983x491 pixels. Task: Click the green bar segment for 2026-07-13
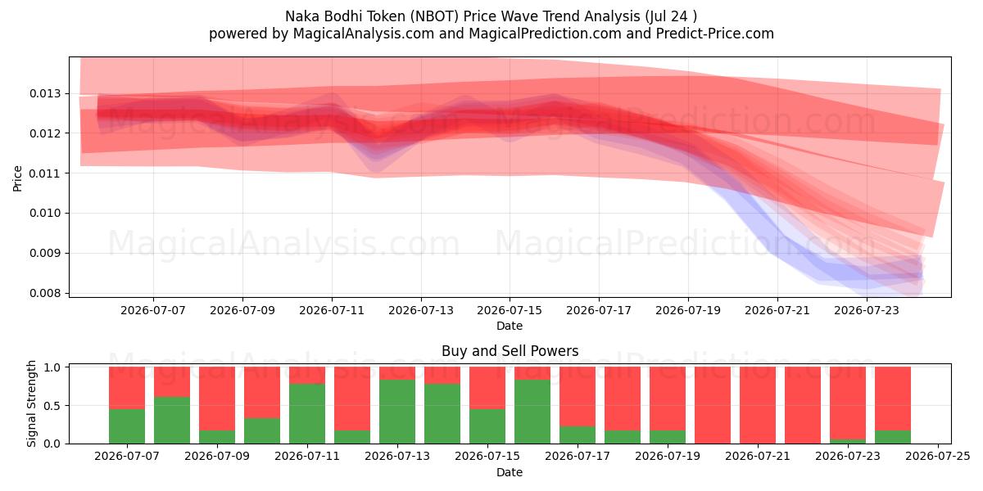point(397,412)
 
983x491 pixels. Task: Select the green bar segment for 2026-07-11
point(307,414)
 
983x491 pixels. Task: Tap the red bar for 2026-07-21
point(758,405)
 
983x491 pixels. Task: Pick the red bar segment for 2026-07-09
point(217,399)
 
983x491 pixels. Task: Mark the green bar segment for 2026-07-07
point(127,426)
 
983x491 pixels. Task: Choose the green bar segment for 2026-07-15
point(487,426)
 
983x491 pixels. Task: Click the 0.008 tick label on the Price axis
point(46,293)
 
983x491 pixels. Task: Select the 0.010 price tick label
point(46,213)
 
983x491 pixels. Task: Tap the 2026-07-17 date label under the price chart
point(599,310)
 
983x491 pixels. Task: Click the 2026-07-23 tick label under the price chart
point(867,310)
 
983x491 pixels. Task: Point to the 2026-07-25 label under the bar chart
point(938,456)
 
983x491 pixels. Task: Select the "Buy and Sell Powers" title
point(510,351)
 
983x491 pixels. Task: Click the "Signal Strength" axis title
point(31,403)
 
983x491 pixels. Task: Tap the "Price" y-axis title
point(17,178)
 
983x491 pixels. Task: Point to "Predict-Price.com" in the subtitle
point(715,34)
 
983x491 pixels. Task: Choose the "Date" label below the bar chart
point(509,472)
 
